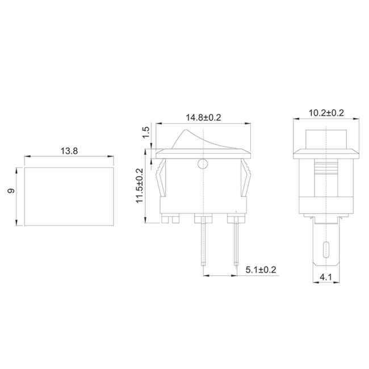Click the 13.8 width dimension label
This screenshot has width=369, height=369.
point(68,151)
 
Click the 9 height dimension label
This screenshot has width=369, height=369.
point(11,192)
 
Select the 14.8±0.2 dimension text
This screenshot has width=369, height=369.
point(203,117)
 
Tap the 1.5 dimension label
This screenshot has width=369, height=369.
point(146,132)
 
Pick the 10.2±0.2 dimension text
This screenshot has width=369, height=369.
point(326,113)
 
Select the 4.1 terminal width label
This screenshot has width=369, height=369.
point(326,278)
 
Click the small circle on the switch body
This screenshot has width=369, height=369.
point(203,165)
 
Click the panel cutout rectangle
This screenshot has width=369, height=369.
point(68,196)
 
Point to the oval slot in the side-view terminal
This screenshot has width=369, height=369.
point(326,249)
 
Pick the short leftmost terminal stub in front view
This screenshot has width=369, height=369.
point(171,218)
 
